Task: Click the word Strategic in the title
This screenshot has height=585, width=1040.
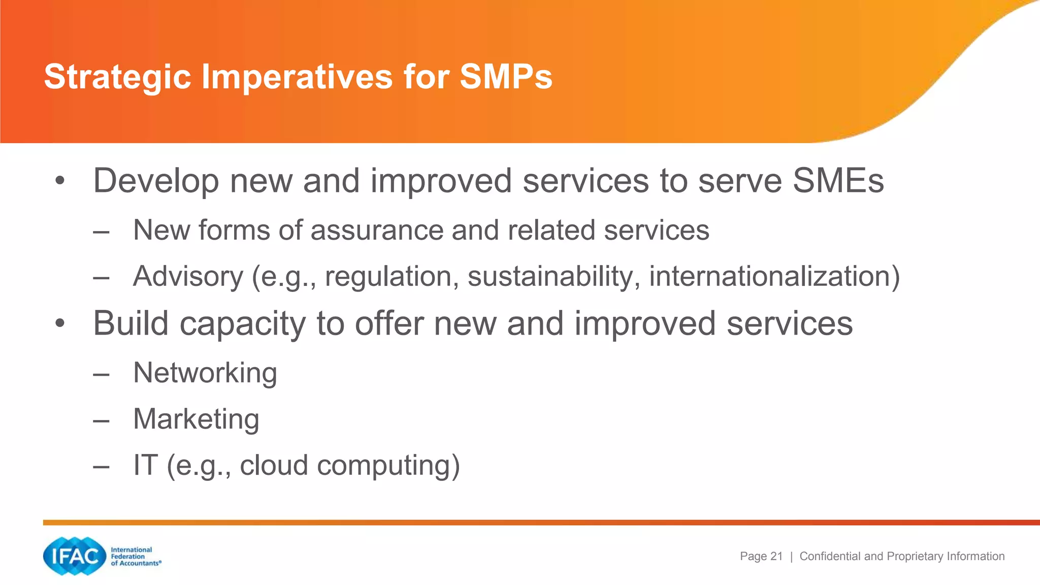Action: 117,77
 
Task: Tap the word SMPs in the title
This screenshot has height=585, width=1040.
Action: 506,77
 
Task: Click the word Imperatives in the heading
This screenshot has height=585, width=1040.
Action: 297,77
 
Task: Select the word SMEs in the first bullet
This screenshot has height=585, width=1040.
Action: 838,181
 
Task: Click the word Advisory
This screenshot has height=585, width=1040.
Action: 188,277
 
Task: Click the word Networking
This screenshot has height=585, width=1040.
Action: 205,373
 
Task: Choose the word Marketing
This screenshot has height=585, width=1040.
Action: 196,419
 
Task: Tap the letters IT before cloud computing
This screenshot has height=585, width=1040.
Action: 146,465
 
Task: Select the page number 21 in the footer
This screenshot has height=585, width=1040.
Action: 776,556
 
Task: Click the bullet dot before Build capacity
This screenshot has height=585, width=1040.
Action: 60,323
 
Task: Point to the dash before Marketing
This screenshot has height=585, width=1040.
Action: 101,421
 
